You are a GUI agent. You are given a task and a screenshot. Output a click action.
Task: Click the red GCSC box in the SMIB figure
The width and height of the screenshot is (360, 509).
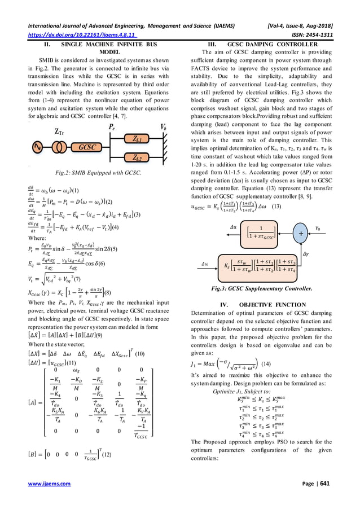click(x=86, y=146)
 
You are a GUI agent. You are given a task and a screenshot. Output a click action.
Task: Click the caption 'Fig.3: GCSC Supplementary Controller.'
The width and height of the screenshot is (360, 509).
click(x=269, y=288)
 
